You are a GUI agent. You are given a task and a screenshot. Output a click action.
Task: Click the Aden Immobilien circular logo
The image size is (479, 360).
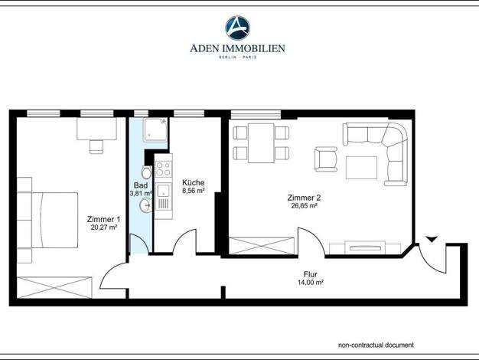coord(238,28)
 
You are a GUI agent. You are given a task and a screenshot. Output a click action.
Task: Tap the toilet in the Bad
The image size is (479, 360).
coord(147,172)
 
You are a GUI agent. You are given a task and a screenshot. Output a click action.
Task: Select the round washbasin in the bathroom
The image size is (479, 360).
coord(146,205)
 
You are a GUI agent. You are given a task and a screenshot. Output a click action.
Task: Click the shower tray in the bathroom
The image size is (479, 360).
coord(155,129)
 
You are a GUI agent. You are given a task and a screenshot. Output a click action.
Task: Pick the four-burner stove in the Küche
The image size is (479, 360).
coord(164,169)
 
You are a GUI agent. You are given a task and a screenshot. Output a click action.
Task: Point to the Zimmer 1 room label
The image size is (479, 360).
coord(104,219)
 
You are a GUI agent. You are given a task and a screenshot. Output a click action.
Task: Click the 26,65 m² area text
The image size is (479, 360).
coord(304,206)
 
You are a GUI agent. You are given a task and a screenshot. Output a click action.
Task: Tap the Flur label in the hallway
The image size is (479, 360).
coord(311,274)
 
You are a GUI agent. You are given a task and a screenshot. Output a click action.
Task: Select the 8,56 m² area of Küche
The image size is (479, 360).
coord(193,191)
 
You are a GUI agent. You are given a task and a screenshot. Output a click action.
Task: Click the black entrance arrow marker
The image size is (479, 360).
coord(432,239)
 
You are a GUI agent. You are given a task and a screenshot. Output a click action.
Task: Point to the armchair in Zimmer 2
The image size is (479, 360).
coord(326,159)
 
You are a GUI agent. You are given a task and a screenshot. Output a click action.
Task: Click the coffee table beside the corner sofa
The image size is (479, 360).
coord(361,168)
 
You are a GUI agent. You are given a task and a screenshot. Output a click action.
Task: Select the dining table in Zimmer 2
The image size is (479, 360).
coord(261,142)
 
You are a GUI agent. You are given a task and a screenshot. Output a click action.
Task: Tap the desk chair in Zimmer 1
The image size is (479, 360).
coord(96,146)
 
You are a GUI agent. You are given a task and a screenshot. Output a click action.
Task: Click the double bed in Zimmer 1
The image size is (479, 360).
coord(47,220)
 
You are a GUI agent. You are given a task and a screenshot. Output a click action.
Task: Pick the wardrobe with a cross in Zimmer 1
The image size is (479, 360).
coord(54,287)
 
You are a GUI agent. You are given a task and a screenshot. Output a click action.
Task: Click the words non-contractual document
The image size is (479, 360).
coord(376,345)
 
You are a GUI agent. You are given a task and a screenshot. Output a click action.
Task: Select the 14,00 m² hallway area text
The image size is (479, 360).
coord(311,283)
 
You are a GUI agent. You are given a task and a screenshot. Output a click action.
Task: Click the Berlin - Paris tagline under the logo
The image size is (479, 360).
coord(238,57)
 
